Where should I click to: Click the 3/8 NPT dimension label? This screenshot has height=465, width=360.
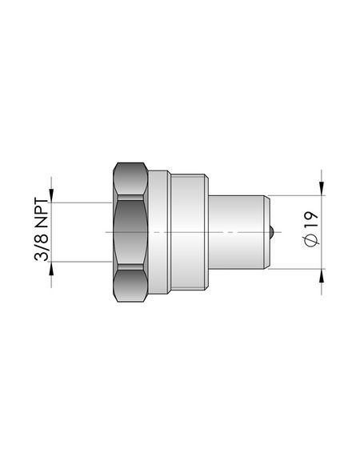tap(42, 229)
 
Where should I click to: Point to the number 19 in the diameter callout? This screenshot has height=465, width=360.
tap(311, 219)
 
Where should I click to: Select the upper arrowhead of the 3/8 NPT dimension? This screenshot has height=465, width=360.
tap(51, 196)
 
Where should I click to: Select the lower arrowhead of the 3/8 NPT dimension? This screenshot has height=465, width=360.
tap(51, 269)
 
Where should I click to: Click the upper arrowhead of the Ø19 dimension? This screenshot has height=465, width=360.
tap(322, 188)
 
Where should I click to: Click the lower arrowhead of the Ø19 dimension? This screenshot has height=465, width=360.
tap(322, 276)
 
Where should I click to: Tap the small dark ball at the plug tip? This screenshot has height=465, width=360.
tap(271, 232)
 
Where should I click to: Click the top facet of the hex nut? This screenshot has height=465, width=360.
tap(130, 178)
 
